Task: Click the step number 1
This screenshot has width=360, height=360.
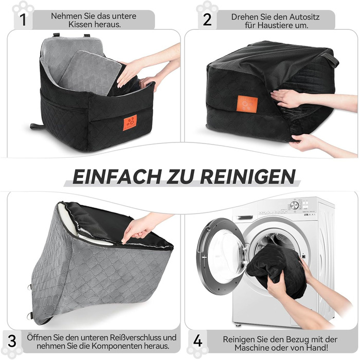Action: click(23, 20)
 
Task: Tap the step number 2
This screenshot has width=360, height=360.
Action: click(207, 20)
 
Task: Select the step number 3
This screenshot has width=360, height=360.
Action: click(12, 341)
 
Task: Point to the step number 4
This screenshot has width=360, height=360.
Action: click(197, 341)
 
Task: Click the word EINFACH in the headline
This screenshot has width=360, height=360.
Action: click(117, 176)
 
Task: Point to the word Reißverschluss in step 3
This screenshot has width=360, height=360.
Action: click(136, 337)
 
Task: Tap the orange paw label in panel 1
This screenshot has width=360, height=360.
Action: click(130, 122)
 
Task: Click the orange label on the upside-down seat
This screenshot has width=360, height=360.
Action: click(247, 104)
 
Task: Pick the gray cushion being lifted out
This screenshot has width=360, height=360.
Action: click(91, 73)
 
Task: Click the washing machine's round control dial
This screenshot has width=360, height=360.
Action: click(295, 205)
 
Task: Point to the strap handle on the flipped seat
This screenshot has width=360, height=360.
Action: click(330, 59)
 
